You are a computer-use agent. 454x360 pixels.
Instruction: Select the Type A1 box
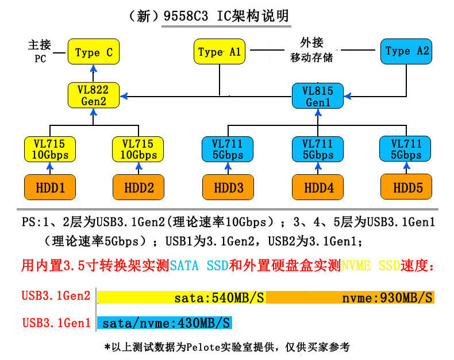pos(218,52)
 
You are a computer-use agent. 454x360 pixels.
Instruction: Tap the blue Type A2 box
pos(406,51)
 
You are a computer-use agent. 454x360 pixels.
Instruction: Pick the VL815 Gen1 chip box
pos(317,95)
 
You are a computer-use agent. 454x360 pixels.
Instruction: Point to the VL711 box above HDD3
pos(228,149)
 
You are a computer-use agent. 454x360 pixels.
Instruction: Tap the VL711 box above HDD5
pos(406,149)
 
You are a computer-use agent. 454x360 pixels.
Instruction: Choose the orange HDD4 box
pos(317,187)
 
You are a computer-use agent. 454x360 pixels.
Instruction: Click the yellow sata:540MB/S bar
pos(182,297)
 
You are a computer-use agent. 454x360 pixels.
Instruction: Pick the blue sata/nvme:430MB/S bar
pos(165,323)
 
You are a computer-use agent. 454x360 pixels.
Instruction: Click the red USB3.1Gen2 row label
pos(56,297)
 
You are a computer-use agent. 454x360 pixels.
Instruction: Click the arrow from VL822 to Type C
pos(93,73)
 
